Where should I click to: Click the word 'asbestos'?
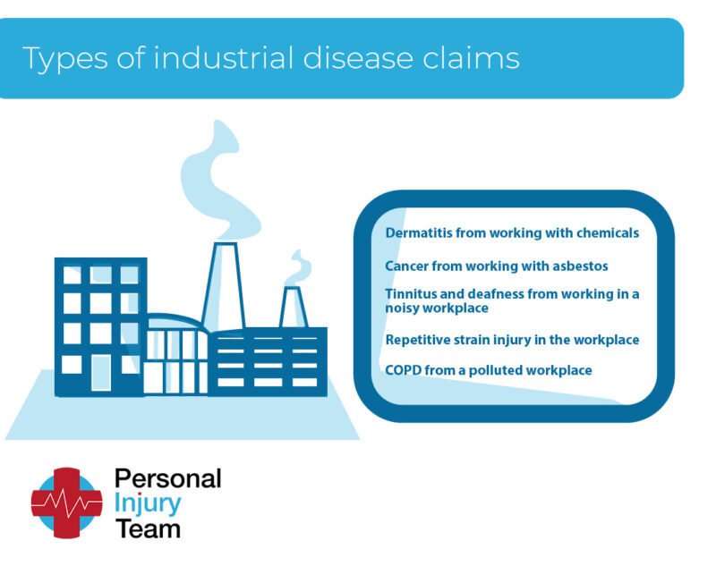pos(575,266)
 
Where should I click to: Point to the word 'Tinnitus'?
pos(412,293)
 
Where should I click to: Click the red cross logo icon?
pos(66,503)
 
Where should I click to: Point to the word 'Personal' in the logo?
pos(167,478)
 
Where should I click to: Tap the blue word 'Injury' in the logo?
pos(148,503)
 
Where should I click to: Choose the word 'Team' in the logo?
pos(148,528)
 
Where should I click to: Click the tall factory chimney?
pos(224,286)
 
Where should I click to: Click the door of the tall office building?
pos(101,372)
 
